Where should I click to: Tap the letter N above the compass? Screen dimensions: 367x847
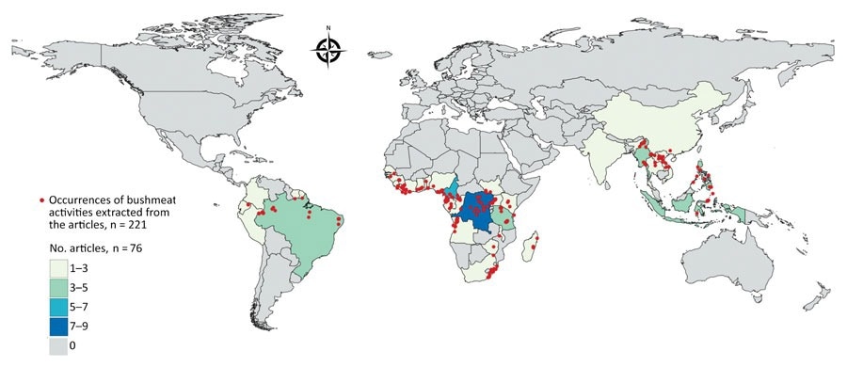[x=329, y=28]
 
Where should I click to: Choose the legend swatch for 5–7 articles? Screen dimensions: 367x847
[x=65, y=306]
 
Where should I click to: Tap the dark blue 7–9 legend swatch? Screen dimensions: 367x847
[x=65, y=326]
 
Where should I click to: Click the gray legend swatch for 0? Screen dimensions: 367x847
[x=65, y=345]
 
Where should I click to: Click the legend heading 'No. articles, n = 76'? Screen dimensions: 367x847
[x=97, y=247]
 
